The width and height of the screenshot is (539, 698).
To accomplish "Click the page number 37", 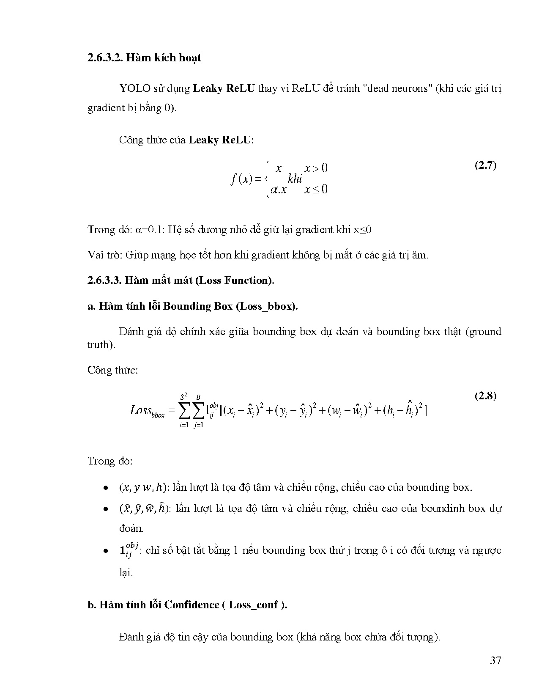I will click(495, 660).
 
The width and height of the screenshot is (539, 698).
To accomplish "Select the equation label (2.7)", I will click(485, 165).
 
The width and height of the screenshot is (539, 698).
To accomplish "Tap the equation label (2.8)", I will click(485, 396).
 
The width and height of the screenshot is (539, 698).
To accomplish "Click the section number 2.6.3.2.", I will click(105, 58).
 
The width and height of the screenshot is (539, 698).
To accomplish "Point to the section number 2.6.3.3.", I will click(105, 280).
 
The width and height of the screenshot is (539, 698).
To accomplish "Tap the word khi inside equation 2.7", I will click(295, 179).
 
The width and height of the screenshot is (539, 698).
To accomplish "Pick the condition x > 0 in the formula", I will click(316, 168).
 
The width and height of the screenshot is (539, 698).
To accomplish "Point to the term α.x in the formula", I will click(278, 190).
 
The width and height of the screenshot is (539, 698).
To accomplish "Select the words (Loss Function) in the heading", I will click(235, 280).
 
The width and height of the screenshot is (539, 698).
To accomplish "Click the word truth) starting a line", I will click(101, 345).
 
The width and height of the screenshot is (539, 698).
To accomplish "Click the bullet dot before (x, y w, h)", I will click(104, 488).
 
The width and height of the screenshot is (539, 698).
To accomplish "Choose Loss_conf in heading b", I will click(254, 605).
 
